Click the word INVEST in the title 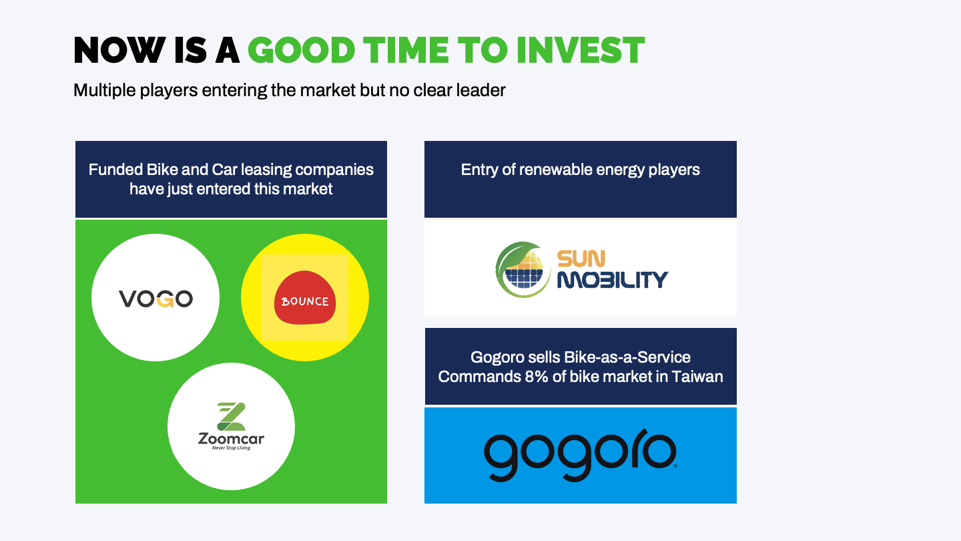(x=581, y=50)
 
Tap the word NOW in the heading (x=119, y=50)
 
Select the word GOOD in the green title (x=301, y=50)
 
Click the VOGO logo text (x=155, y=299)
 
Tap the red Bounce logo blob (x=305, y=297)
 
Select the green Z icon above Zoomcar (x=231, y=417)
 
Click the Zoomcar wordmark (x=231, y=439)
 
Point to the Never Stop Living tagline (x=231, y=447)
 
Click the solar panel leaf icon (x=523, y=270)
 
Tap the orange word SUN (x=581, y=259)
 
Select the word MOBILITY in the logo (x=613, y=280)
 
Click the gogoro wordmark (x=581, y=455)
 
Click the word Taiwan (x=697, y=377)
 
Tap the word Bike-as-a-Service (x=627, y=357)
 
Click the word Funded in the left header (x=116, y=170)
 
